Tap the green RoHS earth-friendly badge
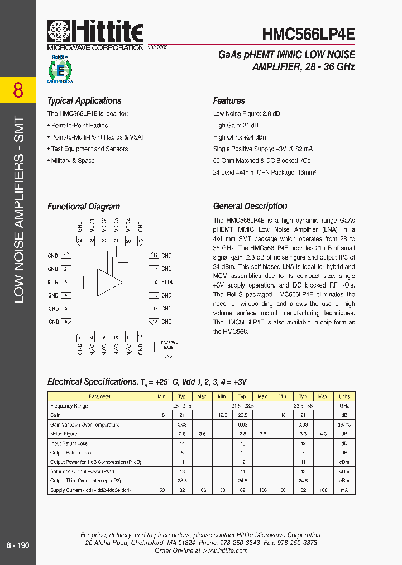[60, 68]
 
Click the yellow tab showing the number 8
[18, 90]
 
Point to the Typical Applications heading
[84, 101]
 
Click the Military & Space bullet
[73, 161]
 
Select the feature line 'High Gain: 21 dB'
[236, 126]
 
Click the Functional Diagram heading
[84, 207]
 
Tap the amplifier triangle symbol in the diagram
[109, 282]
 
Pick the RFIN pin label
[53, 282]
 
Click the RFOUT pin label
[169, 282]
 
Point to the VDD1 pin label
[92, 225]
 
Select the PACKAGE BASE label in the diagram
[169, 345]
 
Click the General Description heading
[250, 206]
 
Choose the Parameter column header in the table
[100, 396]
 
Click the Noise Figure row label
[64, 434]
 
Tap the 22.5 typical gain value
[242, 415]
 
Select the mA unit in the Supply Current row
[344, 490]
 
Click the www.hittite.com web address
[225, 550]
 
